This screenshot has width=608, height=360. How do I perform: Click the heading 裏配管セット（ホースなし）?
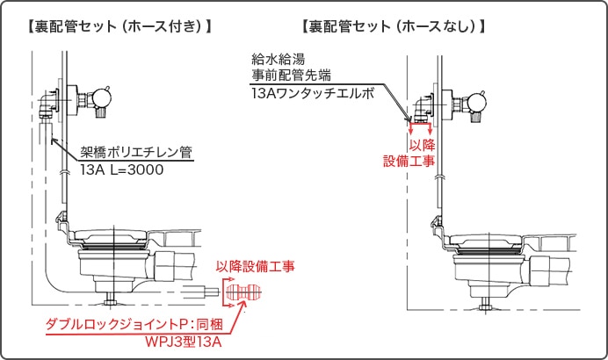[393, 26]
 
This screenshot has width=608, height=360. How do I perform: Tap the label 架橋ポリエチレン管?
[136, 152]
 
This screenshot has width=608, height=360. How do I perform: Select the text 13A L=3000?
[122, 169]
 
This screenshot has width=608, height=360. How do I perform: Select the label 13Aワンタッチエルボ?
[312, 92]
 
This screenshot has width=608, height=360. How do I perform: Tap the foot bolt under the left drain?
[111, 300]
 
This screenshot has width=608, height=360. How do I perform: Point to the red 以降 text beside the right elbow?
[423, 145]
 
